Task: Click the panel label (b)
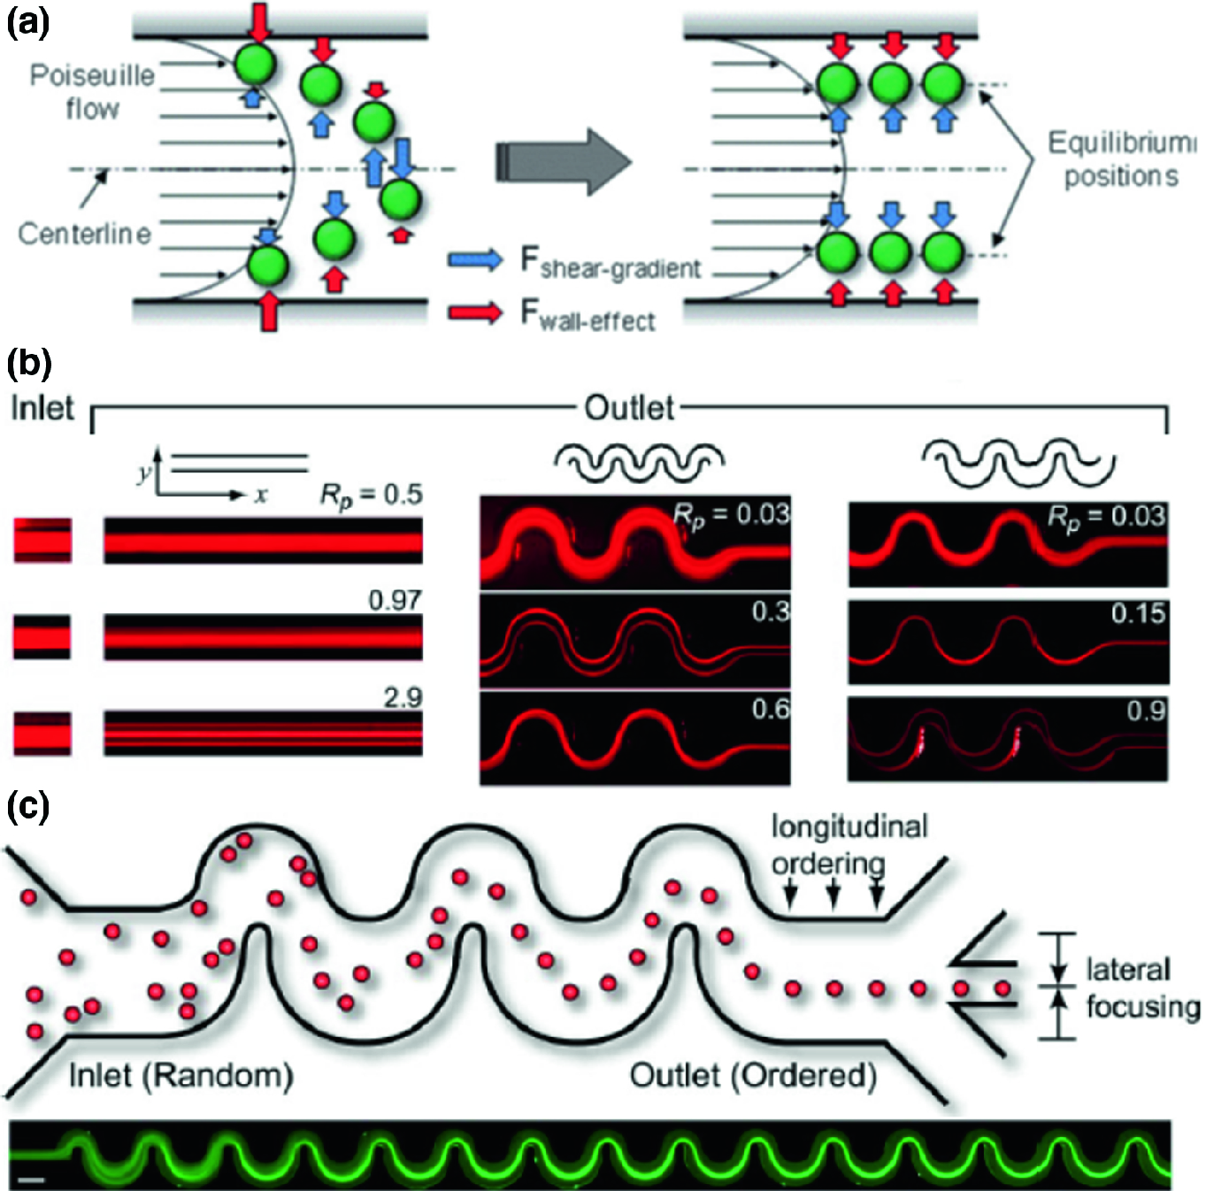28,364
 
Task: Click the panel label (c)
27,806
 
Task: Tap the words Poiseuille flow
92,92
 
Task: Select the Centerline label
85,234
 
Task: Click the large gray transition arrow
563,162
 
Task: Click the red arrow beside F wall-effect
475,312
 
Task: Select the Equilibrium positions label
1121,159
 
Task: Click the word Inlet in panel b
42,408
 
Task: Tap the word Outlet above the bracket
629,408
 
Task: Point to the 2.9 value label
403,697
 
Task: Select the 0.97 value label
395,600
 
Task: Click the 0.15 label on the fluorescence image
1139,613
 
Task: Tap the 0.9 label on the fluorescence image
1146,711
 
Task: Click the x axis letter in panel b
260,495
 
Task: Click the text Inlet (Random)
181,1075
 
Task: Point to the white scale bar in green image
31,1179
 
